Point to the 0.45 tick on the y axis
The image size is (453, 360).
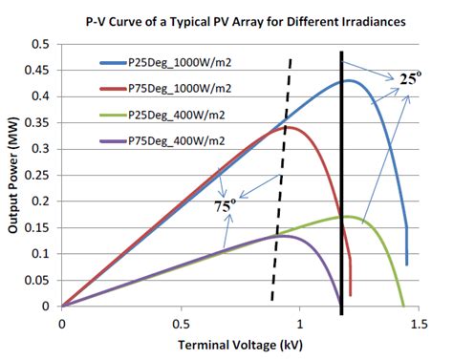(41, 71)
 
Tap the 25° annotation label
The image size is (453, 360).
(409, 80)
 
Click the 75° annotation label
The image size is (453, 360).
(225, 203)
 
